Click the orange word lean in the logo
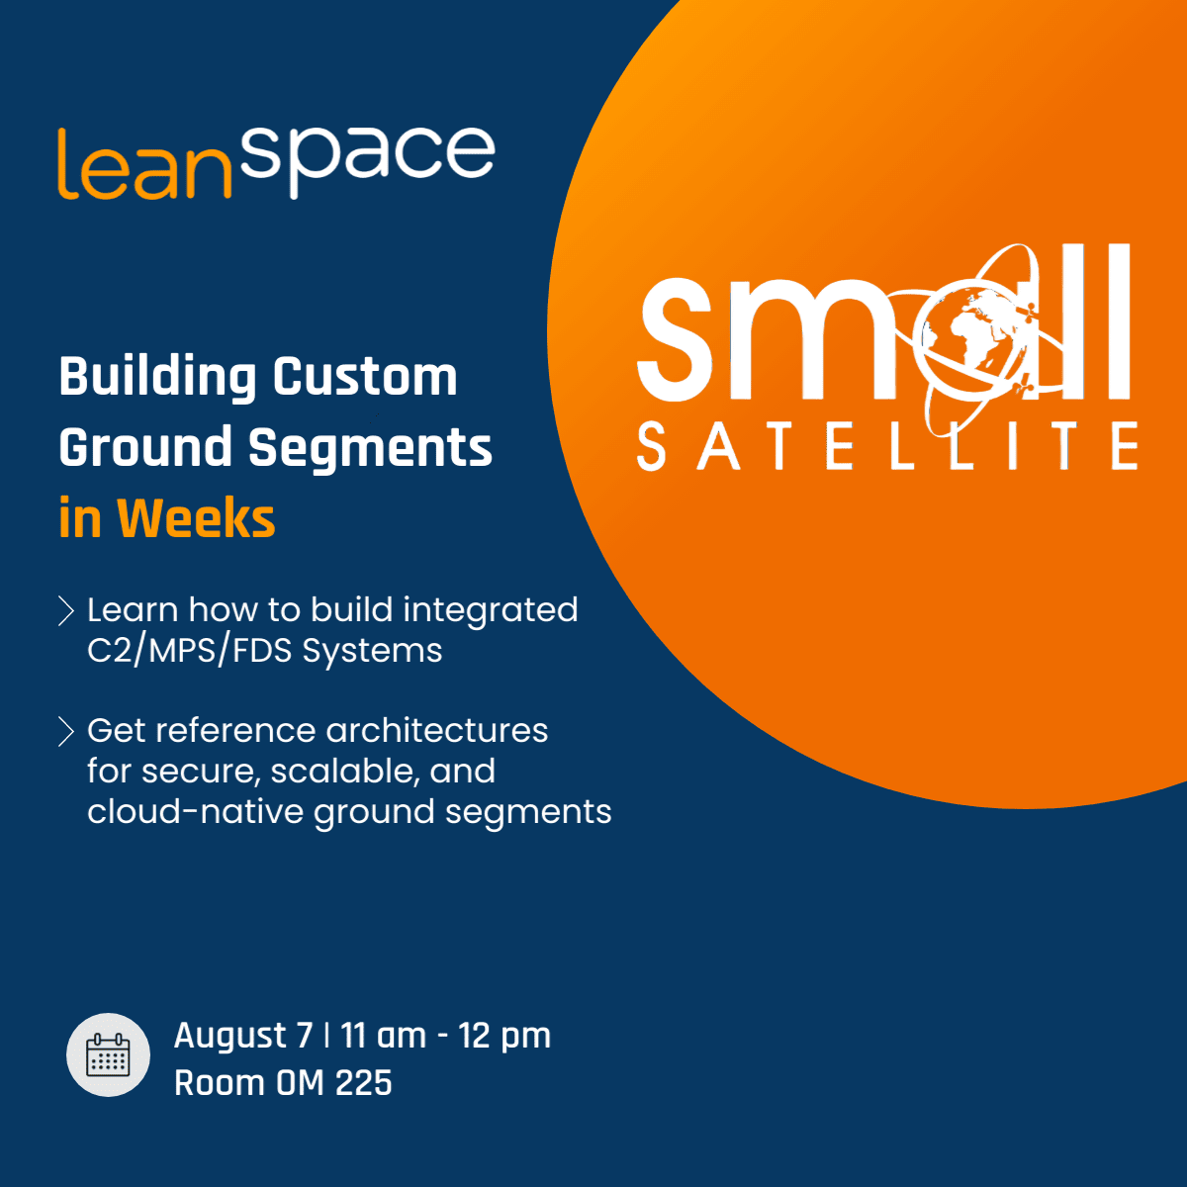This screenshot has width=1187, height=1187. click(144, 164)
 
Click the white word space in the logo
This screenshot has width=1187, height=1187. click(368, 162)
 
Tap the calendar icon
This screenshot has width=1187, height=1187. click(109, 1054)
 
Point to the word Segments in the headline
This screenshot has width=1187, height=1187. click(370, 449)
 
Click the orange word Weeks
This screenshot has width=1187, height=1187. click(196, 518)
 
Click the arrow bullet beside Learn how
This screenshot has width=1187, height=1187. click(66, 610)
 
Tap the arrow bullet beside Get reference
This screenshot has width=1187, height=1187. click(66, 731)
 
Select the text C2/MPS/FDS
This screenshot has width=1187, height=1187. click(189, 651)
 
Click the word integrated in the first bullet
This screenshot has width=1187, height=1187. click(491, 611)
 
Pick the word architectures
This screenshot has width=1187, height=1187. click(437, 731)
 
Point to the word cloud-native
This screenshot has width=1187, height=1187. click(195, 811)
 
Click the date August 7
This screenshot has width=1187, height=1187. click(243, 1036)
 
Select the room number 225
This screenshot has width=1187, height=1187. click(364, 1083)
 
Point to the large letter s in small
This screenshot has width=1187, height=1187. click(676, 339)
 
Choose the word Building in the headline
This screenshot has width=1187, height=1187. click(157, 378)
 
